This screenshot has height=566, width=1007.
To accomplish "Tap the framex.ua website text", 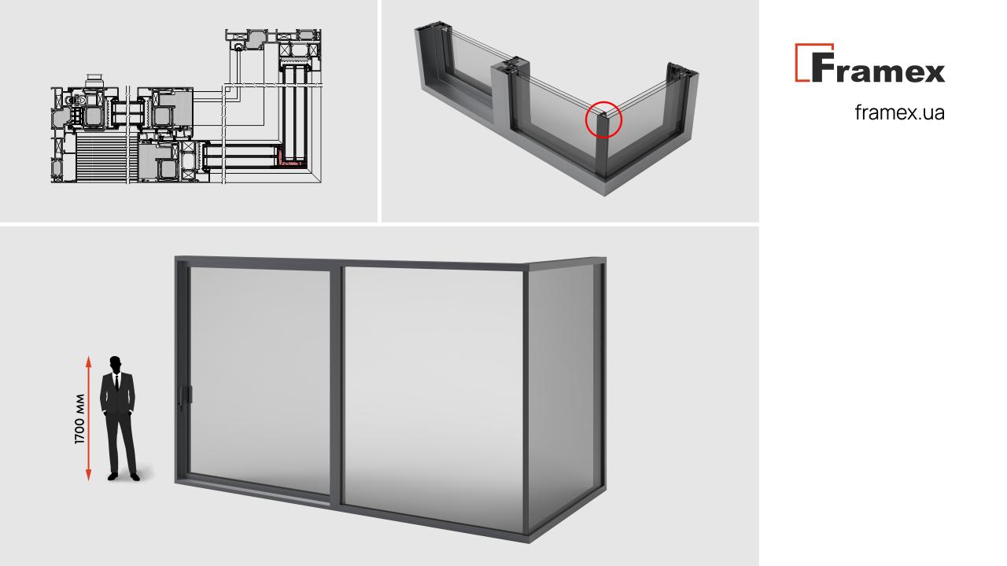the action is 899,112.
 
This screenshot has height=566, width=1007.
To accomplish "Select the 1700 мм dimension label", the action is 79,419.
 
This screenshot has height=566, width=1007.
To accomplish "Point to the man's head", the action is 116,364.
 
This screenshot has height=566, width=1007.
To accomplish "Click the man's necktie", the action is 117,382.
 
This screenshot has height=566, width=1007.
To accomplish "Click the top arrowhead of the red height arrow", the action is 89,362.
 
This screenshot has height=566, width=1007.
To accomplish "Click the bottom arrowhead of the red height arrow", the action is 89,475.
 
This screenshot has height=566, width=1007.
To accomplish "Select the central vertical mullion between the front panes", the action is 336,385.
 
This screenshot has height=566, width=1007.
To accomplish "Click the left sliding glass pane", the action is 260,380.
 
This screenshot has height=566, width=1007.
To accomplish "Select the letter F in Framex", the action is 823,68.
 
